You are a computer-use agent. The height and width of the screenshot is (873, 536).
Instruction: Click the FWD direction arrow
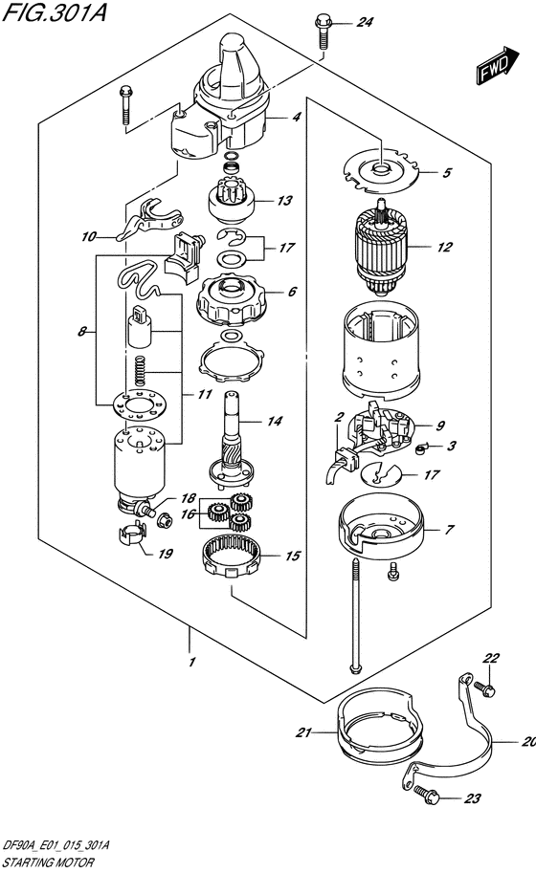tap(497, 65)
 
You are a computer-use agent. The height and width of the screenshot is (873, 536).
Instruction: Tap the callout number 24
tap(365, 23)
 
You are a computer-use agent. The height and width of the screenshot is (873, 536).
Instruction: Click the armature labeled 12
tap(380, 247)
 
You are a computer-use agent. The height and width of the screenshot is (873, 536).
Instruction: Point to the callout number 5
tap(447, 173)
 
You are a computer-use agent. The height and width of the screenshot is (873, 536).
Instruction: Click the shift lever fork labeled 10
tap(146, 221)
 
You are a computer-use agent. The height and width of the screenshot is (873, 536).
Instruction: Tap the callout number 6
tap(293, 292)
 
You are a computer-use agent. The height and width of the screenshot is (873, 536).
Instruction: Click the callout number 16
tap(188, 513)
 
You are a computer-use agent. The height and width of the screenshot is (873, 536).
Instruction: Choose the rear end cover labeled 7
tap(381, 527)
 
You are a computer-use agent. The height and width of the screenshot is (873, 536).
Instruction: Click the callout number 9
tap(440, 426)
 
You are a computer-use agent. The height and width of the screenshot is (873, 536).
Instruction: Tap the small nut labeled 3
tap(421, 448)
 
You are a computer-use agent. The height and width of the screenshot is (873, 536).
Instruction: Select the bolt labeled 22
tap(484, 687)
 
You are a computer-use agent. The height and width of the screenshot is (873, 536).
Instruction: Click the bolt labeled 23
tap(427, 793)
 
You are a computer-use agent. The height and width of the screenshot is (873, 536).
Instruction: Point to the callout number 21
tap(303, 732)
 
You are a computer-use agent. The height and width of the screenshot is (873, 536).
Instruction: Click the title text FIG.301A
tap(54, 11)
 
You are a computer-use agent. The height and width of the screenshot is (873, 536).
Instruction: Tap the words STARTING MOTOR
tap(49, 863)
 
